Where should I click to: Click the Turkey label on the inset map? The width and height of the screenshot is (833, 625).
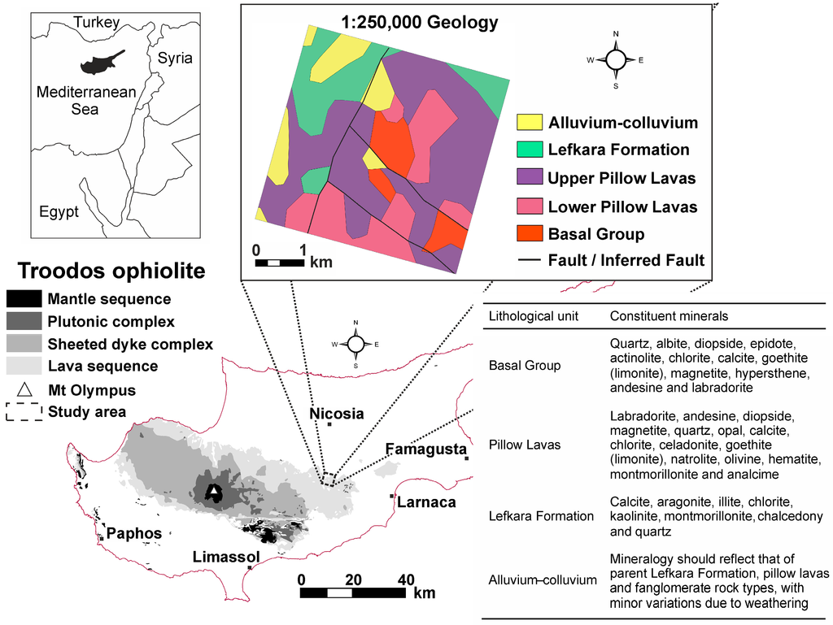(97, 23)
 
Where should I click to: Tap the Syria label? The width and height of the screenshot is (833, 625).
(175, 59)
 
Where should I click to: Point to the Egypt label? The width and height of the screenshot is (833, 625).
(59, 212)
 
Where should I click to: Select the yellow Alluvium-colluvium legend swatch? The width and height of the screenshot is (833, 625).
(530, 123)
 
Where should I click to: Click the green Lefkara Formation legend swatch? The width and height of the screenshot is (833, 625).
(530, 150)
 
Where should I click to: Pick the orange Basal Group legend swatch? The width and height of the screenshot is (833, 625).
(530, 234)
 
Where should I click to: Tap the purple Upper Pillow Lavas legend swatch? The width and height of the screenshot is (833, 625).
(530, 178)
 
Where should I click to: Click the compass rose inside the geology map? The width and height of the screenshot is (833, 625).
(616, 60)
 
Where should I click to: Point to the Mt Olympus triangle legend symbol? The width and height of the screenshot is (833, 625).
(24, 390)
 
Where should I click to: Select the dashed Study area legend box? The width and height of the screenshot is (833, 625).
(24, 411)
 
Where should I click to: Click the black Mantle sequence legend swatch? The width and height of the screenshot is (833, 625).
(24, 299)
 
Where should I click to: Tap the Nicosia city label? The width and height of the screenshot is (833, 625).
(336, 413)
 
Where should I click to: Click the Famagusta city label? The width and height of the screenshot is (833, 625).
(425, 449)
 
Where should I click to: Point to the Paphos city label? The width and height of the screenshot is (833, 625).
(133, 533)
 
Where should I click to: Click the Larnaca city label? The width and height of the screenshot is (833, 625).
(426, 501)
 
